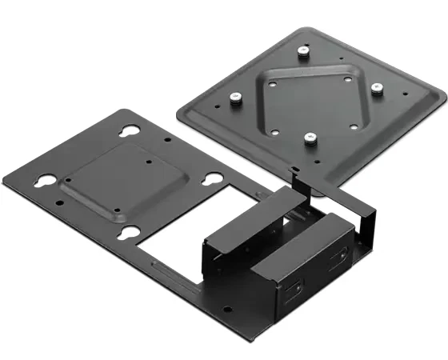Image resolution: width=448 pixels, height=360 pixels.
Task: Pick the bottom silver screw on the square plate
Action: click(308, 138)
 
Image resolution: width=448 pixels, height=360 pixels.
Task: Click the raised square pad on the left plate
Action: click(133, 179)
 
